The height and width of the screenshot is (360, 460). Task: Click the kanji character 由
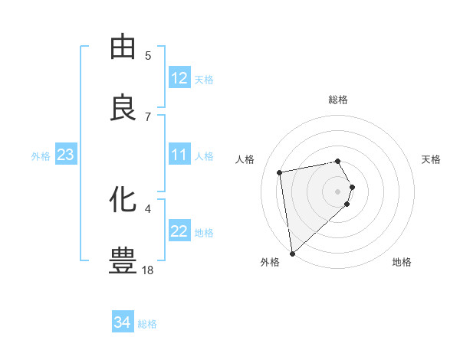click(x=123, y=47)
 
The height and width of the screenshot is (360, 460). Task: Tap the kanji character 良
click(x=123, y=107)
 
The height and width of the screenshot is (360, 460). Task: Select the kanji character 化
click(x=123, y=199)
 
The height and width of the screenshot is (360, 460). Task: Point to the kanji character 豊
click(x=123, y=260)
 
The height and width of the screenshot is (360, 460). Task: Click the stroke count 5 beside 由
click(x=148, y=55)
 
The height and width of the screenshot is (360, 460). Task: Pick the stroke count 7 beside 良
click(x=148, y=116)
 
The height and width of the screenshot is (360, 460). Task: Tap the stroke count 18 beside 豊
click(x=148, y=269)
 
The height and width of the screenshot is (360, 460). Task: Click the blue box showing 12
click(x=179, y=78)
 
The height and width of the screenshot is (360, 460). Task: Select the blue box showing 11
click(x=179, y=155)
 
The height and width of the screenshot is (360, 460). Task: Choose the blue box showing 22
click(x=179, y=231)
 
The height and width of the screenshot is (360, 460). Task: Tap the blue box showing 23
click(x=65, y=155)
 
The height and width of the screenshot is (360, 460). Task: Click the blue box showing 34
click(x=123, y=322)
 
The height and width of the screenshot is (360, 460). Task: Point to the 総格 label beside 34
click(x=147, y=324)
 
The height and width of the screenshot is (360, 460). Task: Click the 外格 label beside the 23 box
click(x=41, y=156)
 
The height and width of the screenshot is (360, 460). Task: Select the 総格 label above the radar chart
click(x=338, y=100)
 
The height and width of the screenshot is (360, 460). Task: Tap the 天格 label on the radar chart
click(x=432, y=159)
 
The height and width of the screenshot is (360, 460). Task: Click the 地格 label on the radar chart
click(x=402, y=262)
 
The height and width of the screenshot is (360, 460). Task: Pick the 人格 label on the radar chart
click(x=245, y=159)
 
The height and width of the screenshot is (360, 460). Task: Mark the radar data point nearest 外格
click(x=291, y=253)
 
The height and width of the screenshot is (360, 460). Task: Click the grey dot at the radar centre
click(x=338, y=191)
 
